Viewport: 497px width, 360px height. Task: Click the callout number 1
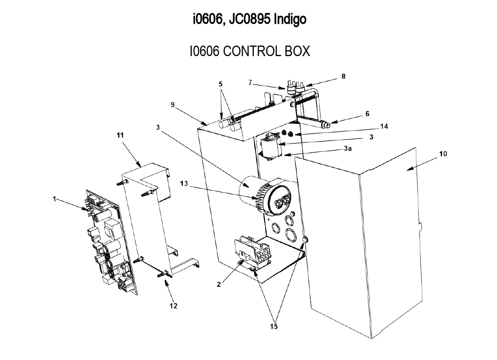click(x=54, y=199)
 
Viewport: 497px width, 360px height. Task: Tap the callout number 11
click(x=120, y=135)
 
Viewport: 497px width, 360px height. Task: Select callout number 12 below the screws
click(x=173, y=306)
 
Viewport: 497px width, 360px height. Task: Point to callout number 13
click(x=184, y=184)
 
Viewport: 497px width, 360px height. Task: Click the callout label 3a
click(x=348, y=148)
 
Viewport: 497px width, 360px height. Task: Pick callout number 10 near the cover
click(x=443, y=154)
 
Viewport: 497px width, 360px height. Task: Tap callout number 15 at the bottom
click(x=274, y=326)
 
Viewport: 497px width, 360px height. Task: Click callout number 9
click(x=173, y=105)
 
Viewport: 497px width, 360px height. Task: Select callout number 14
click(x=384, y=127)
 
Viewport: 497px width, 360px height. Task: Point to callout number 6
click(x=368, y=114)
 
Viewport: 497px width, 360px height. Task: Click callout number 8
click(x=343, y=76)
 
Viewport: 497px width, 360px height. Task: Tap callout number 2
click(x=219, y=284)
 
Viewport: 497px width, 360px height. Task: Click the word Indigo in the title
click(x=290, y=19)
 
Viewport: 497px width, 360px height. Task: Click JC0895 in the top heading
click(x=249, y=19)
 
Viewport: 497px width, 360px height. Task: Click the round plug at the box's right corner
click(x=306, y=239)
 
